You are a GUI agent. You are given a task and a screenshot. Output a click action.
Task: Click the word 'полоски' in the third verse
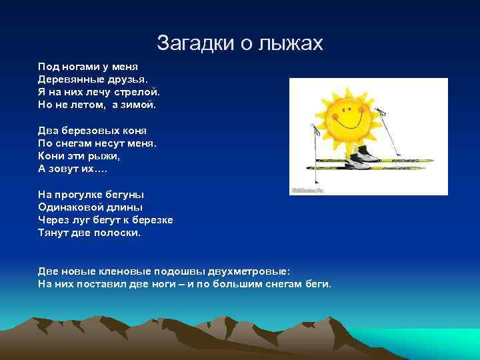[x=117, y=232]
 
